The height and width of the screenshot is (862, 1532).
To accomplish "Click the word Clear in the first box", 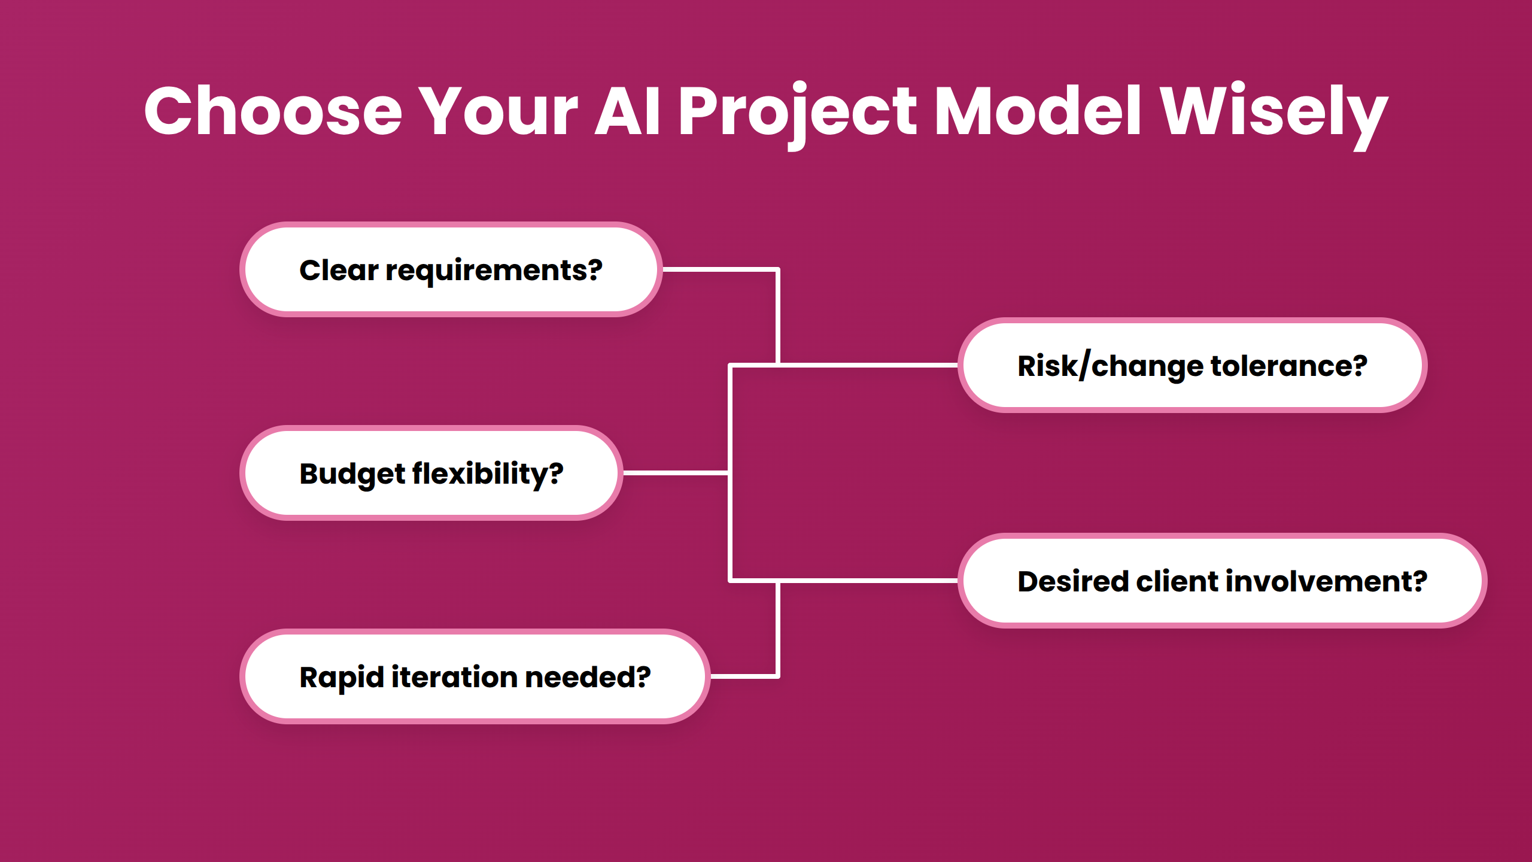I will point(339,270).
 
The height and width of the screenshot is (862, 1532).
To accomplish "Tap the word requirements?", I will point(494,271).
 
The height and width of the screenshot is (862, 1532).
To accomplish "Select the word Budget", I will point(352,474).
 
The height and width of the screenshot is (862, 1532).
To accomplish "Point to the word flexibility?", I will point(487,474).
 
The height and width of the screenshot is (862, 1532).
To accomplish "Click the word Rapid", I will point(341,678).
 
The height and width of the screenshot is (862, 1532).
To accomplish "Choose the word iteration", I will point(454,677).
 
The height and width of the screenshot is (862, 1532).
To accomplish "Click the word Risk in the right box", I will point(1047,366).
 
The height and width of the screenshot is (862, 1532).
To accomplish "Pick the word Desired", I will point(1072,581).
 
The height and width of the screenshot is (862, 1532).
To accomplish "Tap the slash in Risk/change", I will point(1085,366).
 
